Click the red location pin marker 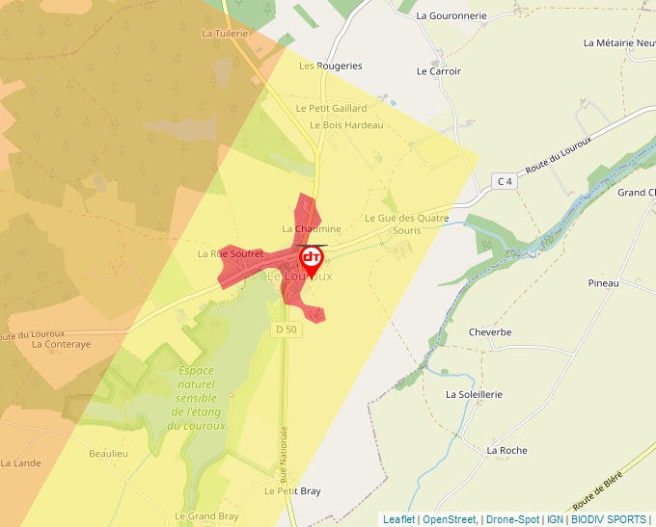click(312, 259)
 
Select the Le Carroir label click(439, 71)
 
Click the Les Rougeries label click(331, 66)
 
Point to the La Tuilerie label click(225, 33)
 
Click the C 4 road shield click(503, 181)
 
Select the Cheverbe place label click(490, 332)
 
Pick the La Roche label click(506, 450)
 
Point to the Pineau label click(603, 283)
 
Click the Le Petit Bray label click(292, 490)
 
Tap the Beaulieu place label click(108, 453)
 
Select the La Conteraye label click(61, 344)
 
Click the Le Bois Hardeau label click(346, 125)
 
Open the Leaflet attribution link click(398, 519)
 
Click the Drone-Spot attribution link click(512, 519)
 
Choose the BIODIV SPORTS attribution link click(608, 519)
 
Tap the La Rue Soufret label click(230, 253)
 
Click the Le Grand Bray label click(206, 516)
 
